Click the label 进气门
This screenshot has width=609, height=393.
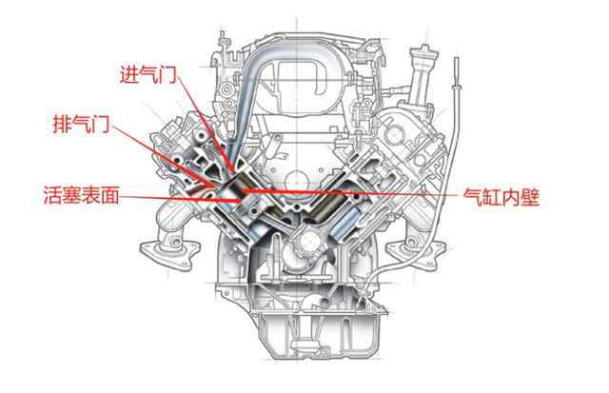pyautogui.click(x=148, y=74)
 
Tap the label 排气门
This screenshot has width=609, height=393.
pyautogui.click(x=81, y=124)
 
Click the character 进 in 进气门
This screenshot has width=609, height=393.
pyautogui.click(x=128, y=74)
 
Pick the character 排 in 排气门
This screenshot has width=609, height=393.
pyautogui.click(x=61, y=124)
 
